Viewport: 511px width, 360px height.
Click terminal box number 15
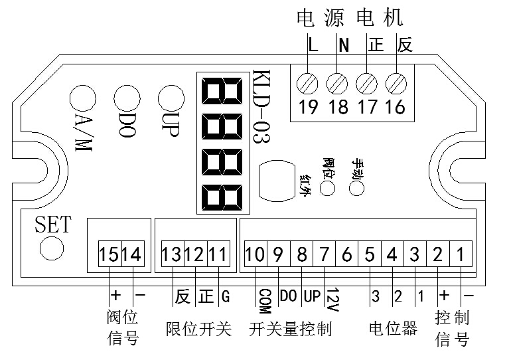pyautogui.click(x=110, y=254)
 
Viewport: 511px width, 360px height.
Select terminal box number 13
pyautogui.click(x=172, y=254)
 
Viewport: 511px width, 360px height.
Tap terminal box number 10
pyautogui.click(x=256, y=254)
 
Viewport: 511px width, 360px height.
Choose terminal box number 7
pyautogui.click(x=324, y=254)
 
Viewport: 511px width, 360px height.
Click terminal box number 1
pyautogui.click(x=460, y=254)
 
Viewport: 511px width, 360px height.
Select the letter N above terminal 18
pyautogui.click(x=343, y=46)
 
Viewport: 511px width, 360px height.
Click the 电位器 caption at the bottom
pyautogui.click(x=393, y=329)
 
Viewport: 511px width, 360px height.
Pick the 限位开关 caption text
pyautogui.click(x=198, y=329)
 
